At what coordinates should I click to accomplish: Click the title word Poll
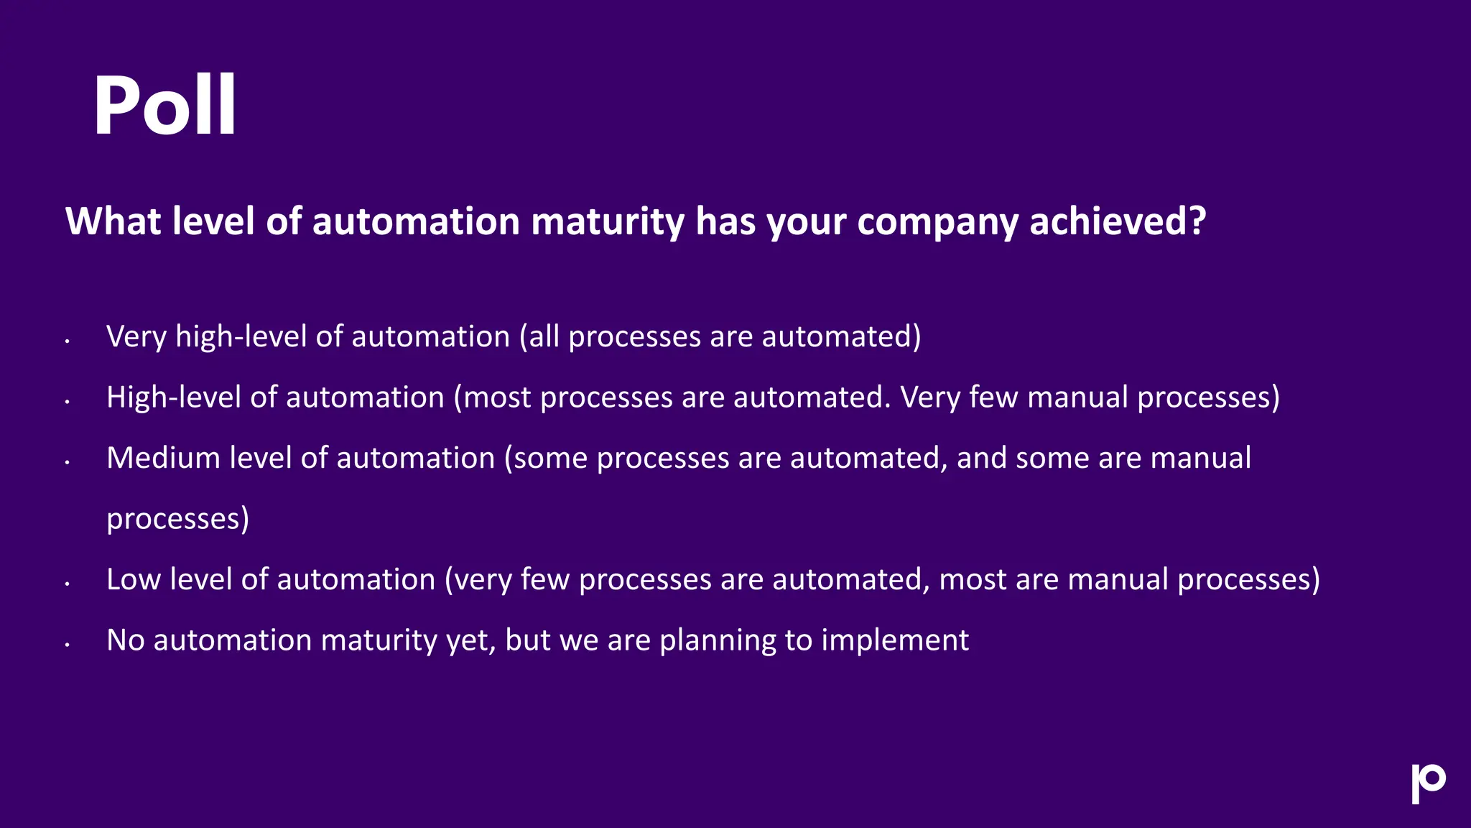tap(164, 105)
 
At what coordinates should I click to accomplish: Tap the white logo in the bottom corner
tap(1428, 783)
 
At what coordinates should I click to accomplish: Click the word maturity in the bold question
tap(608, 221)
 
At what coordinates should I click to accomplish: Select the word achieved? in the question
tap(1118, 221)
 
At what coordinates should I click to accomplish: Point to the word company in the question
tap(937, 221)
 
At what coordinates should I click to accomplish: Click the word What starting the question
tap(113, 221)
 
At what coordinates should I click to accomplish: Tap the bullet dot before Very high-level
tap(67, 341)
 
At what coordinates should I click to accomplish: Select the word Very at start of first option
tap(136, 336)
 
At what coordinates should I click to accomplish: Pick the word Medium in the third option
tap(163, 458)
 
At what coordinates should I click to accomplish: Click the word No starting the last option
tap(126, 640)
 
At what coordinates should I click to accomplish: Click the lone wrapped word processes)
tap(177, 519)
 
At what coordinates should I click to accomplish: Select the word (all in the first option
tap(539, 336)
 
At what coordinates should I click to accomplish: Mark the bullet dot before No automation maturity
tap(67, 645)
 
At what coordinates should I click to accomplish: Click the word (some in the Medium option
tap(546, 458)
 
